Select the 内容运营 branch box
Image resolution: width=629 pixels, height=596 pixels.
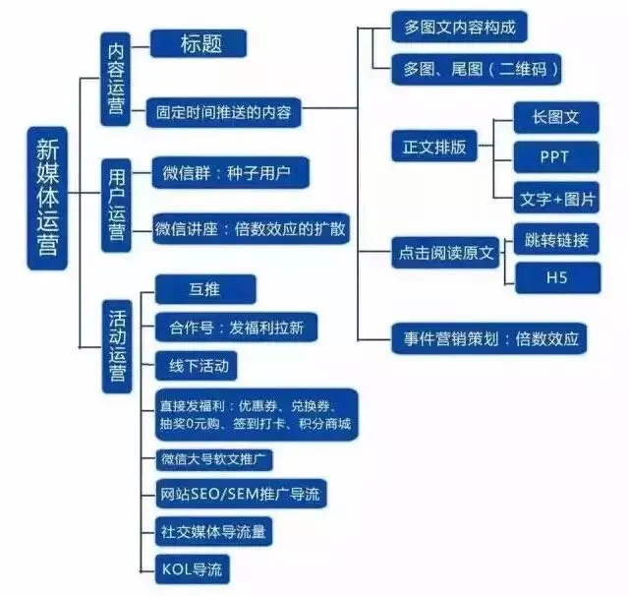pos(117,79)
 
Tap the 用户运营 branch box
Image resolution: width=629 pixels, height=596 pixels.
pos(117,205)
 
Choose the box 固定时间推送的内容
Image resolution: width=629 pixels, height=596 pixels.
pos(223,111)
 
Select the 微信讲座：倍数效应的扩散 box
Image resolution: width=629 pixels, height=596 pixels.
pos(252,229)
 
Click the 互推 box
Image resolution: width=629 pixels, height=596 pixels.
pos(206,289)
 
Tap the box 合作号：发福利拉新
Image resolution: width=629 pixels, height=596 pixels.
pos(236,328)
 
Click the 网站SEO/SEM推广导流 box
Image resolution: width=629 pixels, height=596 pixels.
pos(241,492)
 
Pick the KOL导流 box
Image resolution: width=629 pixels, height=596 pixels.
pos(197,567)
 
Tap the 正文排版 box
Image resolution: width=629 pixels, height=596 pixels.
pos(434,148)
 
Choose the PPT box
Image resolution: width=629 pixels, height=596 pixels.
pos(555,155)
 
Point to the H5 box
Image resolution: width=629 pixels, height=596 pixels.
pos(555,278)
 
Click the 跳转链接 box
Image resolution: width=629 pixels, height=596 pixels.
pos(556,239)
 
